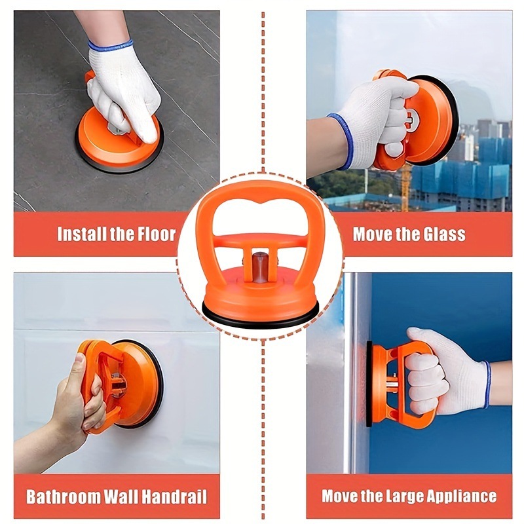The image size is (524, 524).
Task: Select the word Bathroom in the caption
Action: (64, 497)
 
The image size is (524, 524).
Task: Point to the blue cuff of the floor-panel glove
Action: (110, 45)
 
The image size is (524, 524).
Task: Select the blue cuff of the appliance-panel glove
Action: (487, 385)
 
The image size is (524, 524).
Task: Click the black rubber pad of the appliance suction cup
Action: (369, 384)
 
